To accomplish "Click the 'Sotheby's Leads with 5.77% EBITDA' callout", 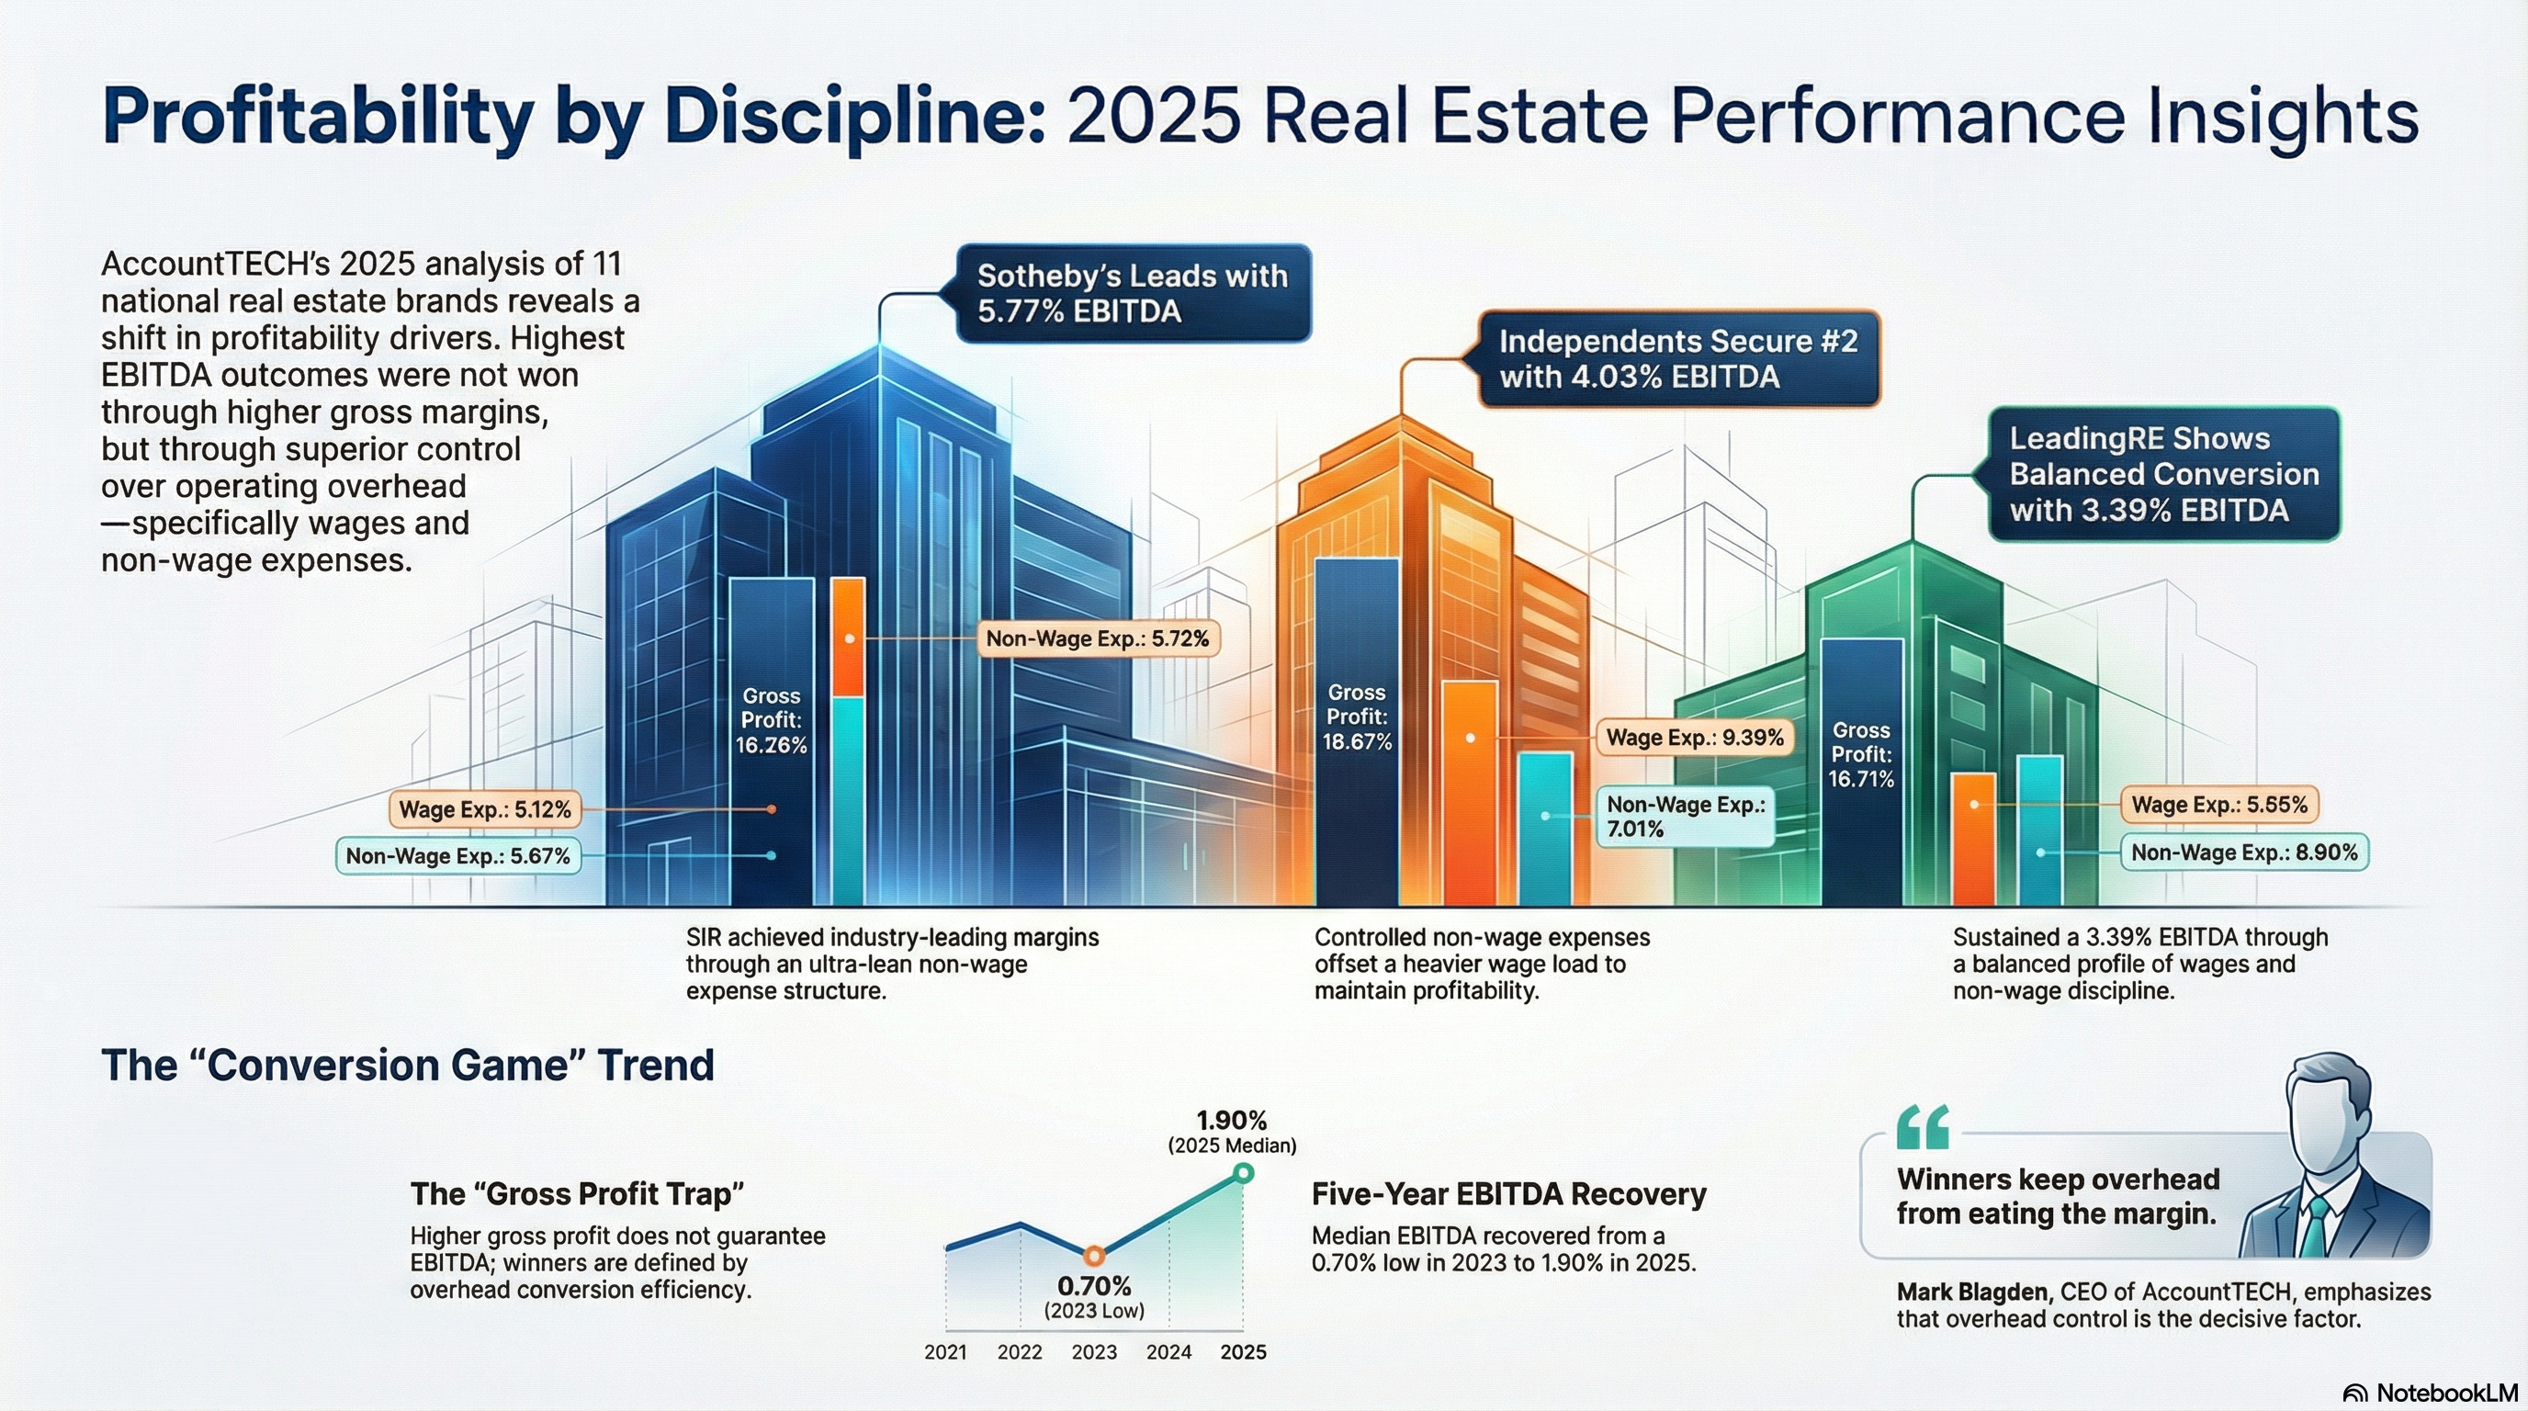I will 1133,293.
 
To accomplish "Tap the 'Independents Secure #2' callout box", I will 1678,359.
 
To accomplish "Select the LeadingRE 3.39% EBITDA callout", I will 2163,475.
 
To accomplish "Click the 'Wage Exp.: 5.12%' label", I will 484,809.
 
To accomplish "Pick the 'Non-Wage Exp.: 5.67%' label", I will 457,855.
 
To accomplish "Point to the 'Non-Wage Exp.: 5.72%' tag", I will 1097,638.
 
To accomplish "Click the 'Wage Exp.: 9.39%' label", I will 1694,738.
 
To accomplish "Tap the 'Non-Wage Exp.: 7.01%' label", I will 1684,817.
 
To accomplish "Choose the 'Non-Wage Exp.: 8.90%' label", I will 2243,852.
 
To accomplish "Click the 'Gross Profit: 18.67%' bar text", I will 1356,717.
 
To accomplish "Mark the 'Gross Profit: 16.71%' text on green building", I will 1861,754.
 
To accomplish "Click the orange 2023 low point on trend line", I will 1094,1255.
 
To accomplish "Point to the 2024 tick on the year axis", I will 1168,1352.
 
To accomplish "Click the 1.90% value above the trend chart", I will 1232,1120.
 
